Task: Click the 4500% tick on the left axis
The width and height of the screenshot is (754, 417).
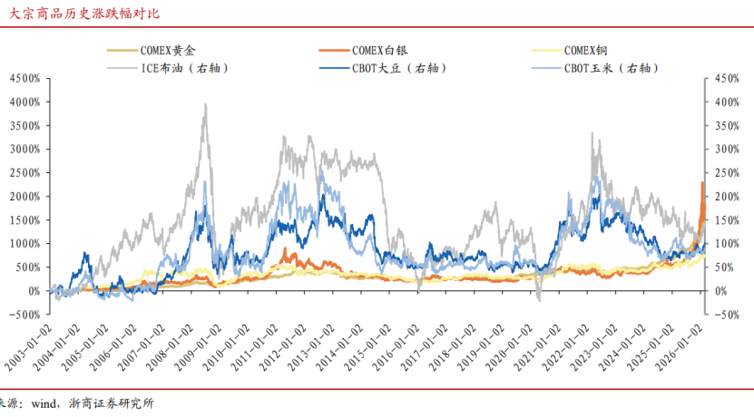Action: point(24,79)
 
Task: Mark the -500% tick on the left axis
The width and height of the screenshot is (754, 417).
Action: point(24,315)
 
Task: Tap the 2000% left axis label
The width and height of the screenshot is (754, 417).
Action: point(24,197)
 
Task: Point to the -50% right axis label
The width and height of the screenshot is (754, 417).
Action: point(728,315)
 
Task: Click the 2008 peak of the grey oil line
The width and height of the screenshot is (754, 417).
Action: point(206,105)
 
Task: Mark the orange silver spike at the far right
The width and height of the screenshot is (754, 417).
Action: point(702,184)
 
